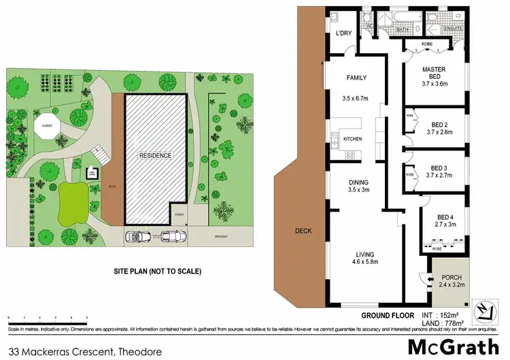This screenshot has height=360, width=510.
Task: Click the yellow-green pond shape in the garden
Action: [73, 203]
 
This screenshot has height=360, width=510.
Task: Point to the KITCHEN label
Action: [352, 139]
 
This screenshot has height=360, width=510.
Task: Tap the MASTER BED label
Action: [433, 74]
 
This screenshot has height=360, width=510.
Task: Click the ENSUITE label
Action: [454, 29]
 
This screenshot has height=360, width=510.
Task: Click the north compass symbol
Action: [486, 311]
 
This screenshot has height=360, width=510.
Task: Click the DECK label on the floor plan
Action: [303, 231]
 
